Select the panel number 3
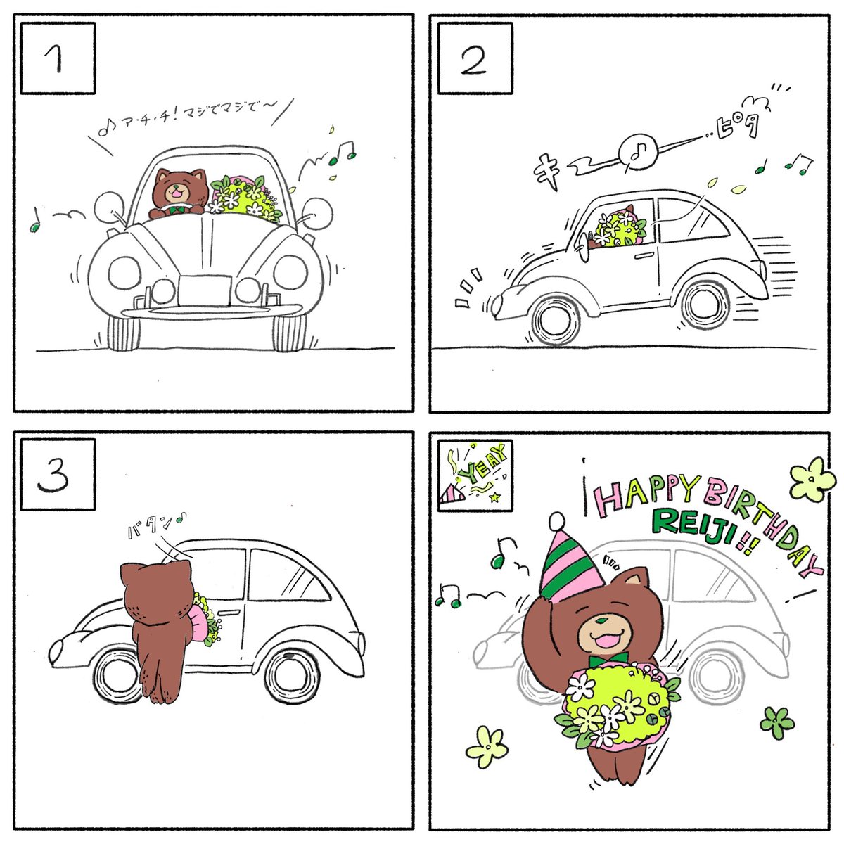53,477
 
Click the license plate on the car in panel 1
204,290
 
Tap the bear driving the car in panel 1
178,193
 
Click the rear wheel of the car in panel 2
705,305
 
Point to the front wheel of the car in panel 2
556,321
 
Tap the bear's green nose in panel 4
603,620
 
